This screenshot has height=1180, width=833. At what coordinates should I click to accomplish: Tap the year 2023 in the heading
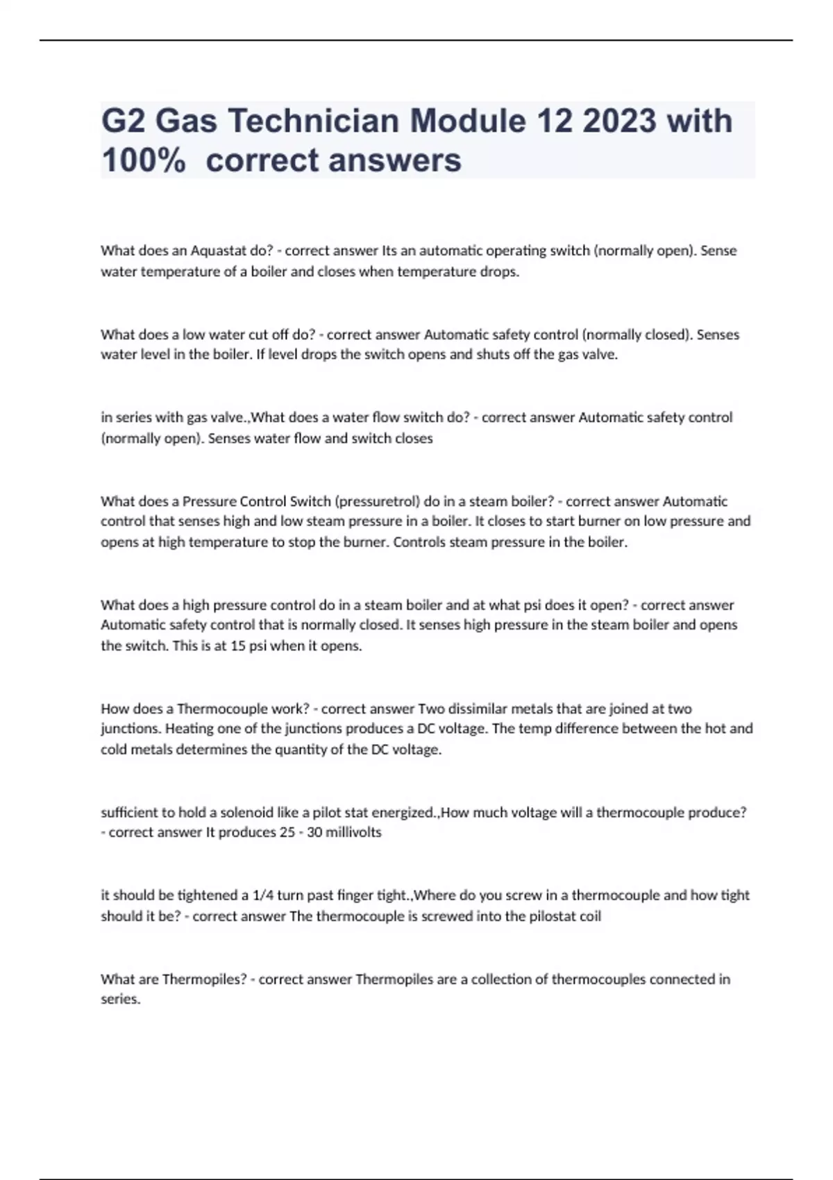(x=619, y=121)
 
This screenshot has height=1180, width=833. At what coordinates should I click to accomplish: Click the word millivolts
(x=353, y=832)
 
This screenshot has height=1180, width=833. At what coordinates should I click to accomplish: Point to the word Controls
(x=420, y=542)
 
